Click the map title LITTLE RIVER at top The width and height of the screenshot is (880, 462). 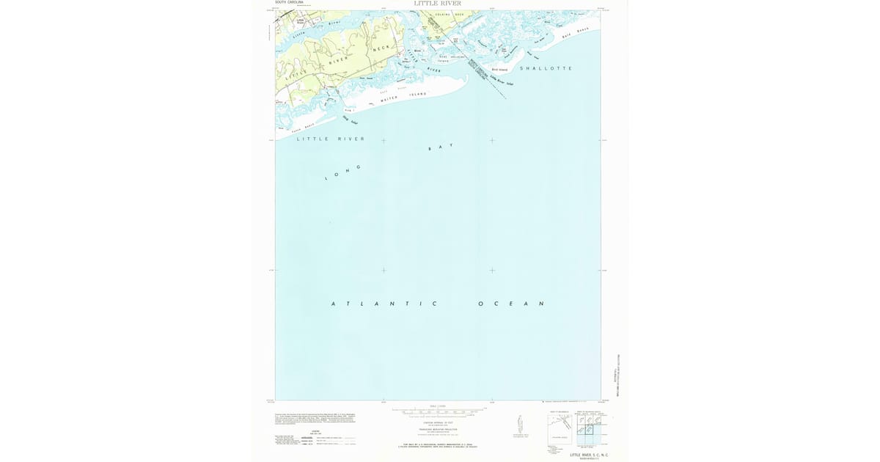click(x=438, y=4)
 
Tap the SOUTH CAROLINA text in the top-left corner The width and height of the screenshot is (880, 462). click(x=289, y=2)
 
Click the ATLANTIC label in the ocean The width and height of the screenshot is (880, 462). click(x=384, y=304)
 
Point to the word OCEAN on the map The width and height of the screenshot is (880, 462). click(x=511, y=304)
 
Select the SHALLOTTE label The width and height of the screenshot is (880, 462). click(x=545, y=68)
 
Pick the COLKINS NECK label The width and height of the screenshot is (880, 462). click(x=450, y=15)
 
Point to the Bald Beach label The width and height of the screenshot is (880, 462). click(x=576, y=33)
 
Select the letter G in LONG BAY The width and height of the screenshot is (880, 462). click(x=359, y=166)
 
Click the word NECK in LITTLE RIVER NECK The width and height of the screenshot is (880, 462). click(x=382, y=48)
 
